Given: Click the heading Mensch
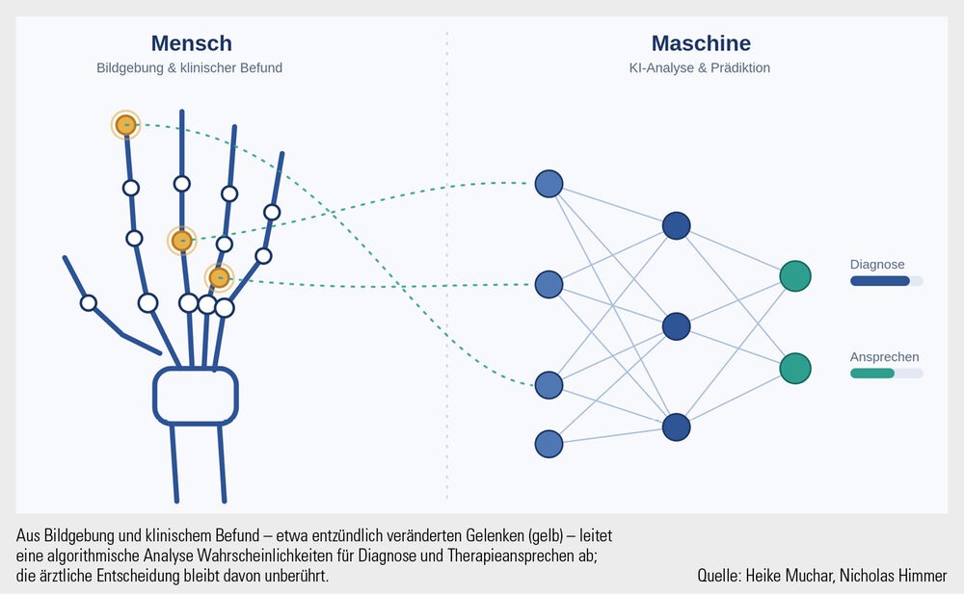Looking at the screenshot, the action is pyautogui.click(x=191, y=43).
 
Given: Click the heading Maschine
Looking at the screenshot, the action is pyautogui.click(x=701, y=43).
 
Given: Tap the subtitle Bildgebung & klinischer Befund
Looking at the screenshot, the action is pyautogui.click(x=189, y=68).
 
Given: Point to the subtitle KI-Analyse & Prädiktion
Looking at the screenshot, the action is pyautogui.click(x=700, y=68).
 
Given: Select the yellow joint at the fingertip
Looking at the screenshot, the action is pyautogui.click(x=126, y=125).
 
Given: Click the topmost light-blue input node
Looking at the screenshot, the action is pyautogui.click(x=549, y=184).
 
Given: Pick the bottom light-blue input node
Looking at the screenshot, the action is pyautogui.click(x=549, y=444).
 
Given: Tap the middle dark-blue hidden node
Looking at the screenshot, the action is pyautogui.click(x=677, y=326).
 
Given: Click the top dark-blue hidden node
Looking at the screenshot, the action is pyautogui.click(x=677, y=225).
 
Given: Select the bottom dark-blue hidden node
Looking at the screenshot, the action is pyautogui.click(x=677, y=426).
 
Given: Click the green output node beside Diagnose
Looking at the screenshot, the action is pyautogui.click(x=795, y=275).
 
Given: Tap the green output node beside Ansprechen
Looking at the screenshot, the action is pyautogui.click(x=795, y=368).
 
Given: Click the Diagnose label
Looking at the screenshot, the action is pyautogui.click(x=877, y=265).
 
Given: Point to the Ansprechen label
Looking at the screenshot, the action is pyautogui.click(x=885, y=357).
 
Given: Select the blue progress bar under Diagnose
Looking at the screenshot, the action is pyautogui.click(x=880, y=281).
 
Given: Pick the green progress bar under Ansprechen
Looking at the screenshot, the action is pyautogui.click(x=872, y=373).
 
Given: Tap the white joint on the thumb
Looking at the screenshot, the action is pyautogui.click(x=89, y=303).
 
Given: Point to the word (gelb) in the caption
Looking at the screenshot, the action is pyautogui.click(x=546, y=536).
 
